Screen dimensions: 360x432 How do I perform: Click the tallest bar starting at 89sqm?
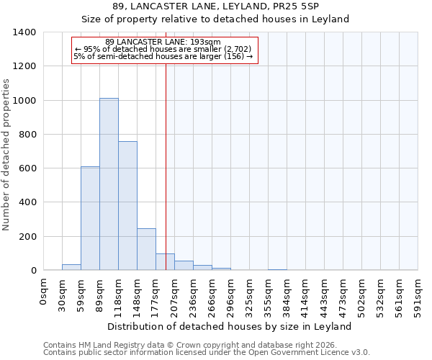tap(109, 184)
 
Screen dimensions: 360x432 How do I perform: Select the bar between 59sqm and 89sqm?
tap(90, 218)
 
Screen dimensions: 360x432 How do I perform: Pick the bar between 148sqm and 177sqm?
tap(146, 249)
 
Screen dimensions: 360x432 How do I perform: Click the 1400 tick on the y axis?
tap(24, 32)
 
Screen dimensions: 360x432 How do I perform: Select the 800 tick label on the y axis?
tap(26, 135)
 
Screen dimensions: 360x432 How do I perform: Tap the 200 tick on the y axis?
tap(26, 237)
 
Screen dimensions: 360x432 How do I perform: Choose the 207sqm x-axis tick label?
tap(174, 294)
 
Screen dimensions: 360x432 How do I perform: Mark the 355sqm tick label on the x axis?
tap(268, 294)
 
